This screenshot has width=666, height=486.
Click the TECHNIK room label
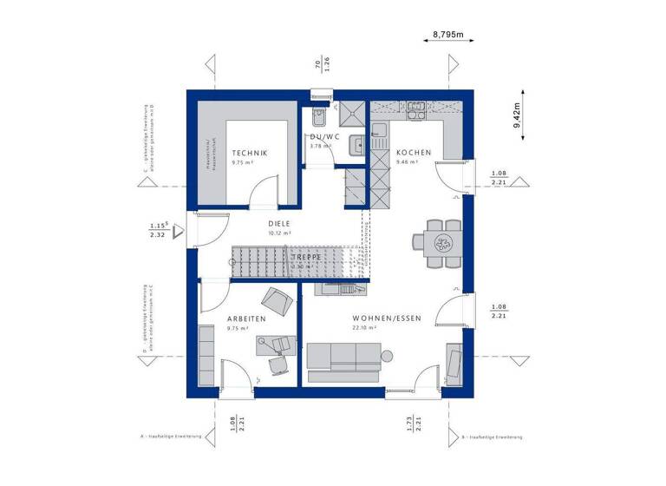click(x=250, y=153)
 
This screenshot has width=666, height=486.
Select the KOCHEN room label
click(x=413, y=153)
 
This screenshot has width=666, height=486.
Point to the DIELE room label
click(x=279, y=223)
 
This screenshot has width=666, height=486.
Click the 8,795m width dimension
click(x=448, y=35)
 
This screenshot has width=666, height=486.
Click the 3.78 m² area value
click(x=322, y=146)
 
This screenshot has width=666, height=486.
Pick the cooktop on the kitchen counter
click(x=415, y=109)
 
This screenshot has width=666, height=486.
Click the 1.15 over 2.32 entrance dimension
click(x=157, y=230)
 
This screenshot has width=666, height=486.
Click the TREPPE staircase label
click(x=306, y=258)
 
